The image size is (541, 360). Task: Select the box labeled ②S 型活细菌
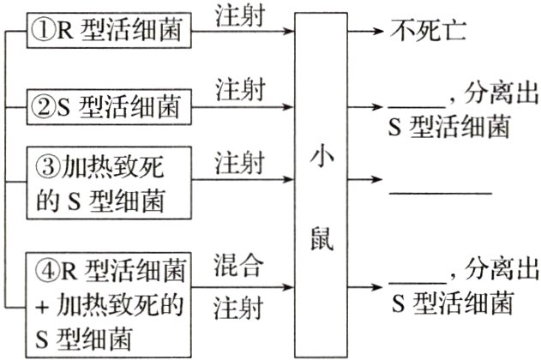[x=107, y=108]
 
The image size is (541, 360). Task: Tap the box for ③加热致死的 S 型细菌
[x=107, y=183]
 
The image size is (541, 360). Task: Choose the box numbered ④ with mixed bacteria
[x=107, y=291]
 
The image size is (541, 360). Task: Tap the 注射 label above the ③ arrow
[x=240, y=163]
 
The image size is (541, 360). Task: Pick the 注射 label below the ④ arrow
[x=240, y=307]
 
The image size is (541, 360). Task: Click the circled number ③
[x=43, y=165]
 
